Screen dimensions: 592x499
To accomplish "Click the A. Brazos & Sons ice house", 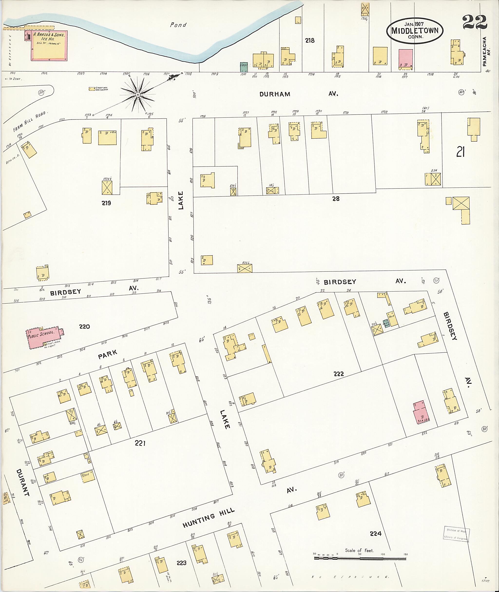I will click(49, 45).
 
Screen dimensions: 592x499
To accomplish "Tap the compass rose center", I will click(138, 95).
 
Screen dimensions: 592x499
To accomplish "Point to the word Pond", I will click(178, 25).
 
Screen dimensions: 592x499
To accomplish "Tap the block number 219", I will click(106, 203).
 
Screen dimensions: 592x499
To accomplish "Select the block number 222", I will click(338, 374).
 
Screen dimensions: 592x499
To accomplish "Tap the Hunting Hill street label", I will click(209, 518).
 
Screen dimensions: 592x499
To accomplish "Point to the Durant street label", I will click(23, 483).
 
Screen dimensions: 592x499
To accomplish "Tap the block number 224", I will click(376, 534).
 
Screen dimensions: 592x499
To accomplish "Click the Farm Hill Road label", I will click(30, 122).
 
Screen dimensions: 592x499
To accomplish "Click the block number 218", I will click(310, 40).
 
